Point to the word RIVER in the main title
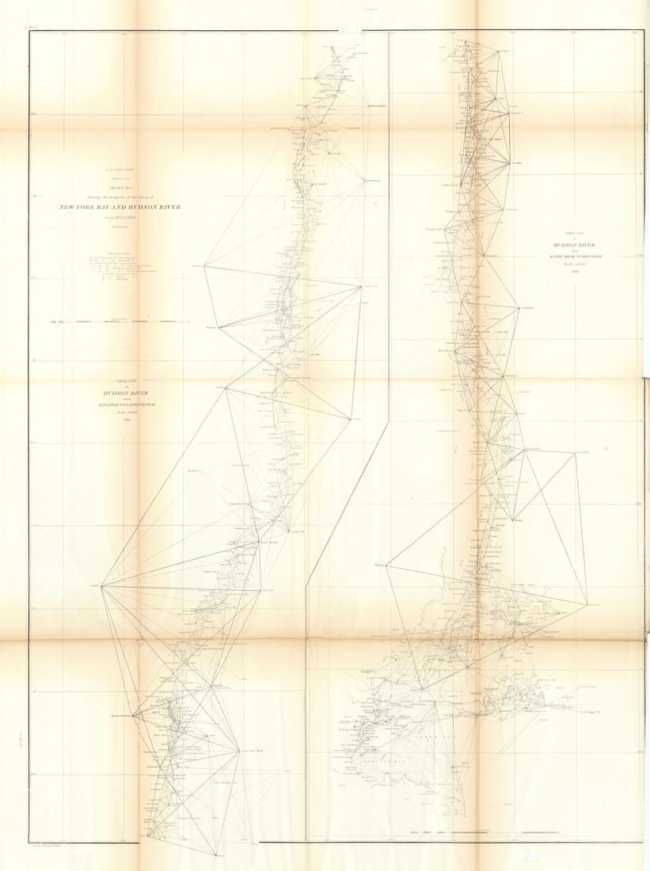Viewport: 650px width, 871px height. click(x=165, y=207)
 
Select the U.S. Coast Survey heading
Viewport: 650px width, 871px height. click(x=120, y=168)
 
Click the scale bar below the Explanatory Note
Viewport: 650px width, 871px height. click(x=120, y=322)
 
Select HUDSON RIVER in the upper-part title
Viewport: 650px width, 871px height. click(x=120, y=393)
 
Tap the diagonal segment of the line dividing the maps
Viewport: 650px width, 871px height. click(x=348, y=499)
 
